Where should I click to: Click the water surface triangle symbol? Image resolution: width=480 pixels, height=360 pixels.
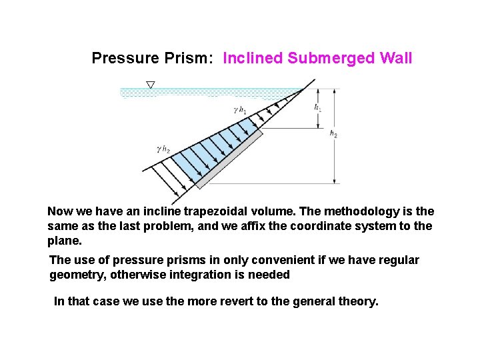click(150, 85)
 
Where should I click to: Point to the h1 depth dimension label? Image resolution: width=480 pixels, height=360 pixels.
click(318, 107)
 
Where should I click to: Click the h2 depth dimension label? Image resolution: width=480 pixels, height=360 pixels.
click(333, 134)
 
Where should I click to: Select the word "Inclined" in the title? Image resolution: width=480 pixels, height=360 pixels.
click(253, 59)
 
